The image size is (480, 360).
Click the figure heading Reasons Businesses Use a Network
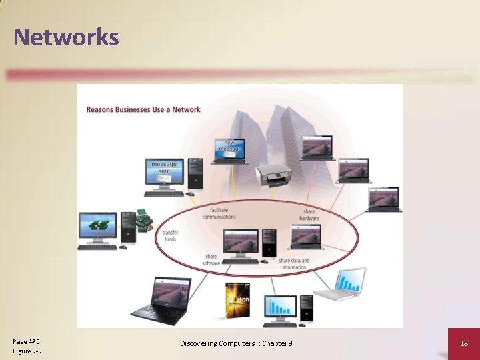143,109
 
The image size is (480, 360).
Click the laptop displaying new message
230,151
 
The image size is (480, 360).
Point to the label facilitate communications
219,213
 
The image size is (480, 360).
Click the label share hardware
309,215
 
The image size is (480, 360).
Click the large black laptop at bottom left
161,299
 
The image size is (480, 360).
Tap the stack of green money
144,220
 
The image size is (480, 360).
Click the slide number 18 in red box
464,343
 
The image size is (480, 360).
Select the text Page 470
26,341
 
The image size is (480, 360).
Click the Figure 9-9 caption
27,351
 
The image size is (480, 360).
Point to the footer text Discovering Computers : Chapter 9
236,343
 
